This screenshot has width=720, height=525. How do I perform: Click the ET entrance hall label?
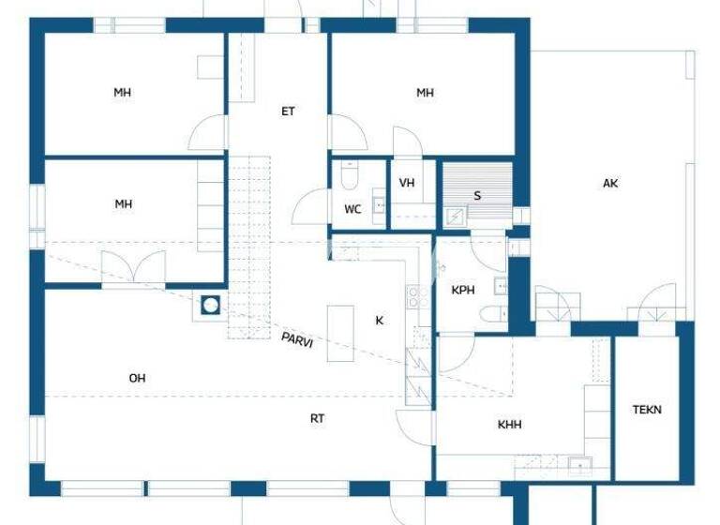click(x=288, y=111)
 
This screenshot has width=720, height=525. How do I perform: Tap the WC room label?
click(x=352, y=209)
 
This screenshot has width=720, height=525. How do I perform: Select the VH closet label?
click(x=407, y=183)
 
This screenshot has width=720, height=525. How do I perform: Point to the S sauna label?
click(x=477, y=195)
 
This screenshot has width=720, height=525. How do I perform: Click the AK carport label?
click(x=610, y=184)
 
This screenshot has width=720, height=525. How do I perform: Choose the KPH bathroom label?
click(x=463, y=291)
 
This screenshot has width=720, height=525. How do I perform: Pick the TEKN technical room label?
click(x=647, y=410)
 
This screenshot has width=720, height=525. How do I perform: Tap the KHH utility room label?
click(x=510, y=425)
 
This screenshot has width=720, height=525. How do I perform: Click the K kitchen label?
click(x=380, y=321)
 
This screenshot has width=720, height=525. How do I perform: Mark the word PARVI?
click(x=297, y=339)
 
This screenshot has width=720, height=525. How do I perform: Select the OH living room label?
click(x=137, y=378)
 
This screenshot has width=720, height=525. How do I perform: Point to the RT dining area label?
click(x=318, y=418)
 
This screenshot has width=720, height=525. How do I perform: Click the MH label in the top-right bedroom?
click(x=426, y=92)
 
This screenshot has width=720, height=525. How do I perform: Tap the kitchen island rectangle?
click(x=340, y=333)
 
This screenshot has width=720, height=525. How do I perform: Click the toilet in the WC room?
click(x=350, y=176)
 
